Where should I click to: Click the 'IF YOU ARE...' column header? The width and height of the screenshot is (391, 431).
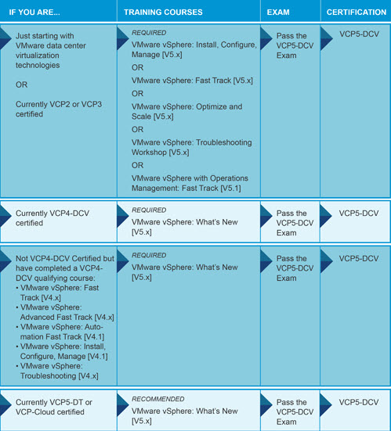34,13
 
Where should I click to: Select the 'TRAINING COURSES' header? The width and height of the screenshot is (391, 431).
163,13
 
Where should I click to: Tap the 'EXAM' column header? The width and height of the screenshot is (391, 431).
278,13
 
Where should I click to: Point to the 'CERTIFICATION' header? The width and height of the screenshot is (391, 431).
357,13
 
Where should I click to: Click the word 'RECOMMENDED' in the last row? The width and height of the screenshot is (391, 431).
158,399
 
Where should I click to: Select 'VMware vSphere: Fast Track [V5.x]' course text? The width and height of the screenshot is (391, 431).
192,81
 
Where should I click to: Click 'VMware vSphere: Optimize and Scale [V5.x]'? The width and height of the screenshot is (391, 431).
187,112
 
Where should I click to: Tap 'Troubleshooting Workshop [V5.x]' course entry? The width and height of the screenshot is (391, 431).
192,147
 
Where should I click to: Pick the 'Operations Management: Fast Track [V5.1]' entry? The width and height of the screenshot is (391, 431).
190,183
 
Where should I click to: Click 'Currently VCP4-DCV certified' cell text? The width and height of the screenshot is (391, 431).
52,218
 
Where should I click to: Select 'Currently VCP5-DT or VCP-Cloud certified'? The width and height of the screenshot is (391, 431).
54,407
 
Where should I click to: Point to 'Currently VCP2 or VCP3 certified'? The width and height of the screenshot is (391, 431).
59,110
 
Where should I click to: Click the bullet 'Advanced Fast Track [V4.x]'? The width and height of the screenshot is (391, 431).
65,312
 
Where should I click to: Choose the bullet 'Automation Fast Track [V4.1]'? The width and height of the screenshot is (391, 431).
60,332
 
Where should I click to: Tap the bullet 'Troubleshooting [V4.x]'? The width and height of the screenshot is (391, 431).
57,371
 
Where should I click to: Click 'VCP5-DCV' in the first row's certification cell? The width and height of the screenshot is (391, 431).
359,34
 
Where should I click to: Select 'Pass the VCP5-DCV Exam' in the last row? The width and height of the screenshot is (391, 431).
295,412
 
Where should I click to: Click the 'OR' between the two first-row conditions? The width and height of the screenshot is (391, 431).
21,84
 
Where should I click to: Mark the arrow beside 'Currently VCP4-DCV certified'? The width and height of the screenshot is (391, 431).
5,217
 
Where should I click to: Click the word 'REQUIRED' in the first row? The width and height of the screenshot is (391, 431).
149,33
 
